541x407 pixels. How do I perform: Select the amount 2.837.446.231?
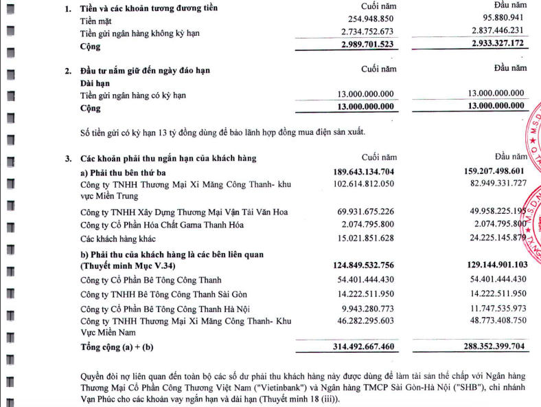click(x=490, y=33)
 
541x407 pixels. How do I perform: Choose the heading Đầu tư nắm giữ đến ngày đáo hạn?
click(x=146, y=70)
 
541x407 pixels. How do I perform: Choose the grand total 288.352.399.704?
click(x=489, y=348)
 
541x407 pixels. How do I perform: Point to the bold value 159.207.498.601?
click(x=489, y=171)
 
